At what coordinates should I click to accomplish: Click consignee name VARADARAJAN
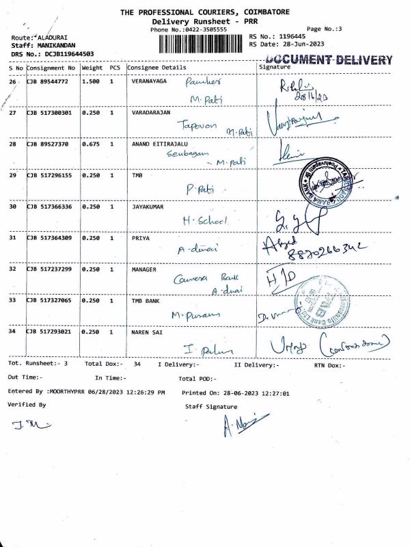[151, 111]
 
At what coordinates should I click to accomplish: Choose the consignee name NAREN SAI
[148, 331]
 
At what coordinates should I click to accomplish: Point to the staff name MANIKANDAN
[55, 44]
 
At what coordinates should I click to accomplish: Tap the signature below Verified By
[27, 425]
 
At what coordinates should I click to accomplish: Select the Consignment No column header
[52, 68]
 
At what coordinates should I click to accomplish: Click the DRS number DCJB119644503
[68, 53]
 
